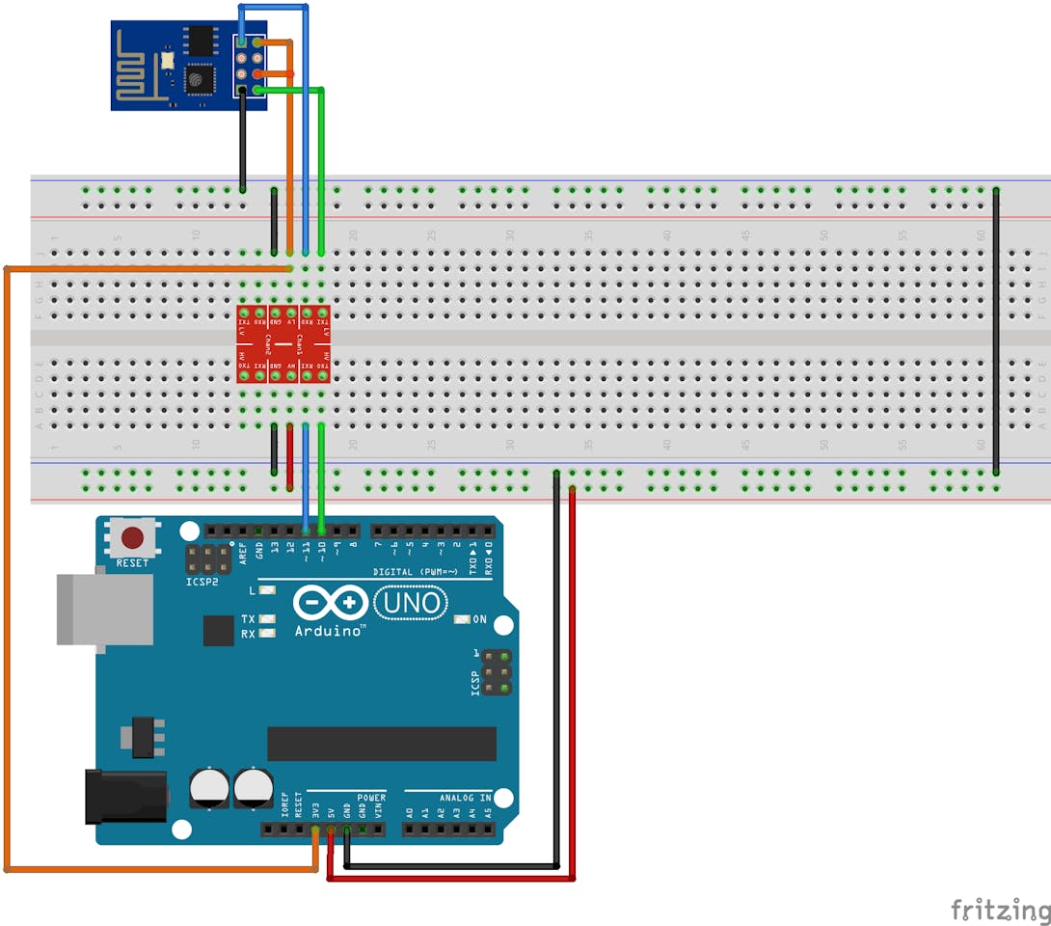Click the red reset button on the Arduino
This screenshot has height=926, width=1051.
coord(132,537)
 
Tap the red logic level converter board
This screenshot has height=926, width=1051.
coord(283,344)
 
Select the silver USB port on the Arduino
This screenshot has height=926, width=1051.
coord(105,609)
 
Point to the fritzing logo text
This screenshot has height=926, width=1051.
coord(1000,910)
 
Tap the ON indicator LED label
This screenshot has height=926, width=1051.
coord(479,619)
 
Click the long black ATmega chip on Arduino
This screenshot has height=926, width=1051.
coord(382,744)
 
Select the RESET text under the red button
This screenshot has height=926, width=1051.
coord(132,562)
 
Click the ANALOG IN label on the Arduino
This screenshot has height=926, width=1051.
coord(465,798)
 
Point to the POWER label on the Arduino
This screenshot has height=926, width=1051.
coord(371,798)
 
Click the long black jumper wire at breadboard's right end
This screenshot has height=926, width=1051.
coord(996,331)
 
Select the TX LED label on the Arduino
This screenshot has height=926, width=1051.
coord(248,618)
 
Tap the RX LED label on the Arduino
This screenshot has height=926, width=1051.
coord(248,634)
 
